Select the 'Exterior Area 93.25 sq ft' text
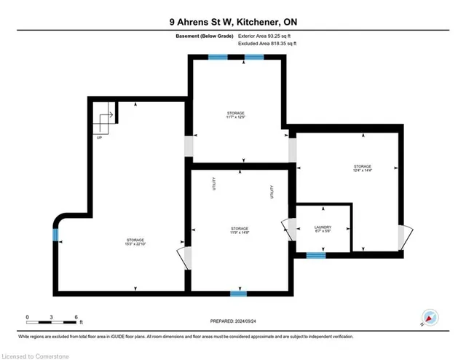(267, 36)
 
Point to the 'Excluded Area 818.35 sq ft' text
(267, 44)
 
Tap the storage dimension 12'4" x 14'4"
(362, 171)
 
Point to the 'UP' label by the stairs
(98, 138)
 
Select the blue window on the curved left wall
(55, 234)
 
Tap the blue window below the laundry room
(315, 255)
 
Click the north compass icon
(430, 318)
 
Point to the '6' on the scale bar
(76, 317)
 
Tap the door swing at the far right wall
(405, 237)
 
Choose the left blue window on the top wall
(218, 57)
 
